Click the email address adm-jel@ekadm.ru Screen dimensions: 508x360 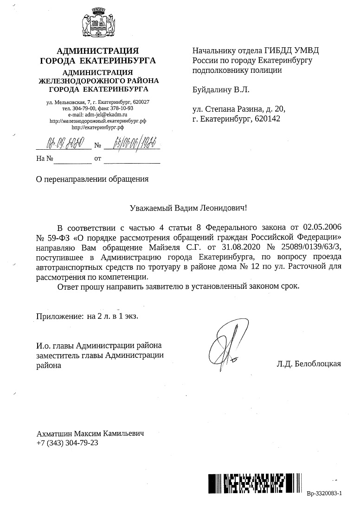click(x=98, y=114)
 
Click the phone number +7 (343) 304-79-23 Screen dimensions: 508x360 click(x=67, y=443)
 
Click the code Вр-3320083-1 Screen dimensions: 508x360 click(x=323, y=494)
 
